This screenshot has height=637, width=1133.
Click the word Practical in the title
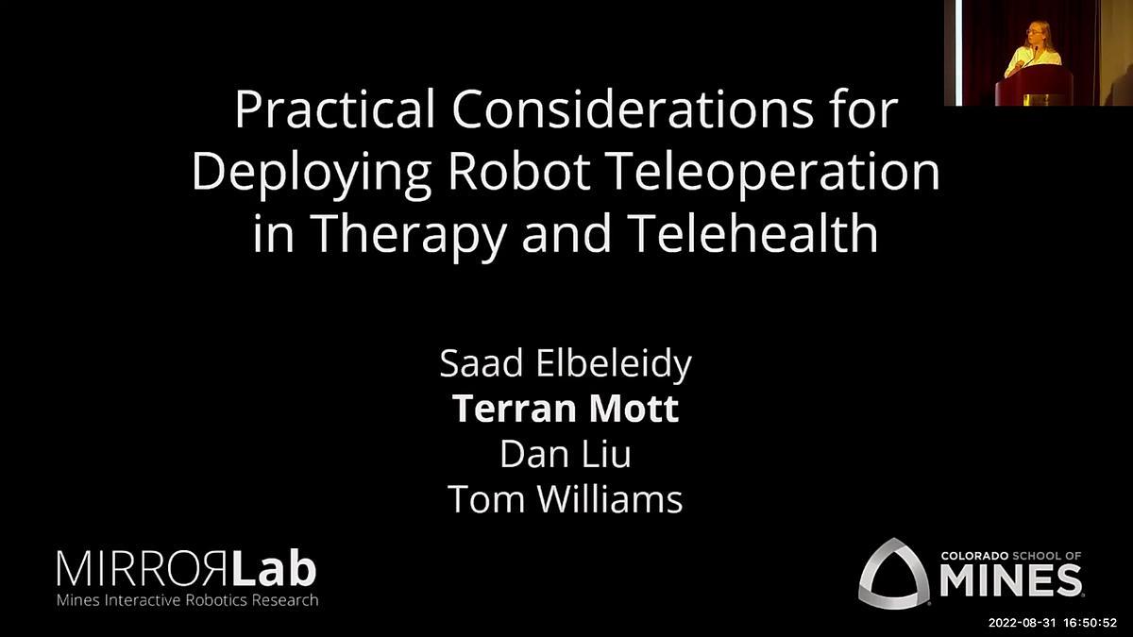[335, 109]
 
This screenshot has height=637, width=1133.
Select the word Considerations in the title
[630, 109]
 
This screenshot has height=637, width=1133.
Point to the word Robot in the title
[519, 172]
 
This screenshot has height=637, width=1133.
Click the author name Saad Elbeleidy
[566, 364]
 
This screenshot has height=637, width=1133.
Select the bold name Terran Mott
[566, 408]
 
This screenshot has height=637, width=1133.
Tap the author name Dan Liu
[566, 454]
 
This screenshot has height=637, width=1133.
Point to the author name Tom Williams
[566, 499]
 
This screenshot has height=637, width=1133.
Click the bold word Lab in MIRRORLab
[275, 569]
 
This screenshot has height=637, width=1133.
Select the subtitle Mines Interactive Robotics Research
[188, 600]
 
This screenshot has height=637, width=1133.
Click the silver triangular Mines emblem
[894, 573]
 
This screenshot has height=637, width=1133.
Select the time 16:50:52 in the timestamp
[1090, 623]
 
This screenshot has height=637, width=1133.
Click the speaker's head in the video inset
[1033, 33]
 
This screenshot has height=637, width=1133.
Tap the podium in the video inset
[1034, 86]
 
